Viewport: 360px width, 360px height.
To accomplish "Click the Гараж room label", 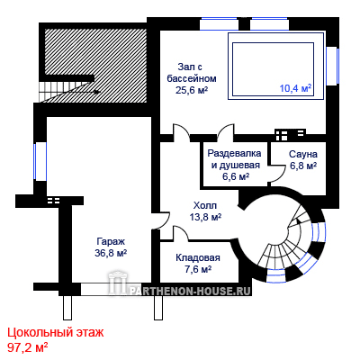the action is point(111,241).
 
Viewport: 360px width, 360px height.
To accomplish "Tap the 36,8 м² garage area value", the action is point(111,253).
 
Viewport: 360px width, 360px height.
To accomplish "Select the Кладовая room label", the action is point(198,257).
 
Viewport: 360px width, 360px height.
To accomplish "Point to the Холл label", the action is point(205,206).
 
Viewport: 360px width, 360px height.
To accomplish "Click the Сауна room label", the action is point(303,154).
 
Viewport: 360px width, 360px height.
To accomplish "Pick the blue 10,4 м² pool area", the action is point(295,88).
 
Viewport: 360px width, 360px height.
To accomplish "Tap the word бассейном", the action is point(192,78).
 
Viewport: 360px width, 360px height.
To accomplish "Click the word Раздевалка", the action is point(234,153).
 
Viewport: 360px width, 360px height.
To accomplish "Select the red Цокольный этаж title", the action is point(56,333).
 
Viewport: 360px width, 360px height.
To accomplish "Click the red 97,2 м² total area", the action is point(28,348).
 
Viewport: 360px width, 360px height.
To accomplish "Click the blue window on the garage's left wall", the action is point(35,161).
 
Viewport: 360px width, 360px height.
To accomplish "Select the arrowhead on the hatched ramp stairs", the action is point(96,92).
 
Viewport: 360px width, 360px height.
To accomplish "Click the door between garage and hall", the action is point(162,220).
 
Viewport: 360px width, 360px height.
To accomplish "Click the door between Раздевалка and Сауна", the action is point(277,174).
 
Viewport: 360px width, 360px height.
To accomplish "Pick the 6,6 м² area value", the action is point(236,176).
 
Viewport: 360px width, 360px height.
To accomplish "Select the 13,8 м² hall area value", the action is point(205,217).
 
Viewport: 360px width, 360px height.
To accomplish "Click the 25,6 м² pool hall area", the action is point(192,90).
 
